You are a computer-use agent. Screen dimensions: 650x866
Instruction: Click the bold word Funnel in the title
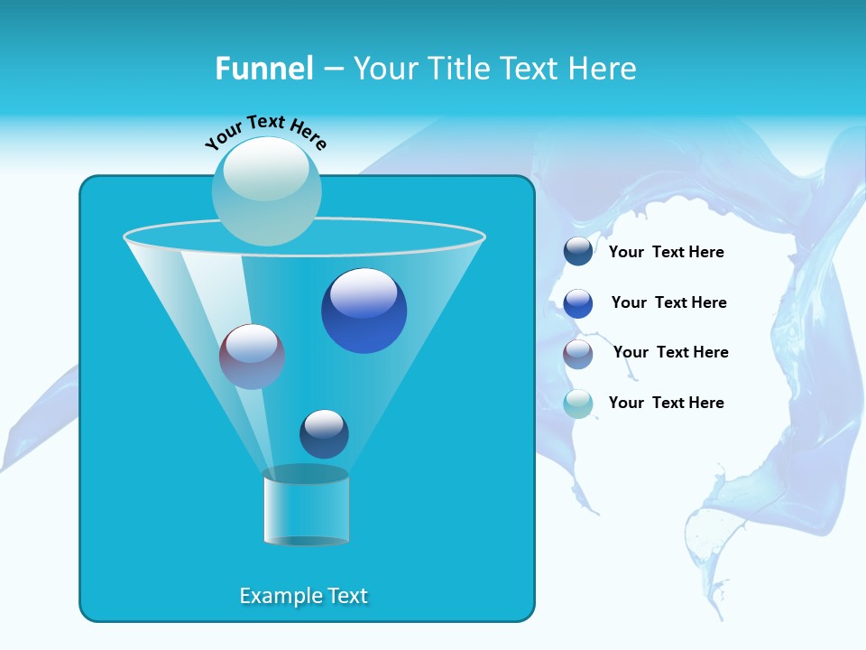pyautogui.click(x=263, y=69)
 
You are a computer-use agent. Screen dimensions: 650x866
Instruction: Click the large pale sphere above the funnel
pyautogui.click(x=266, y=191)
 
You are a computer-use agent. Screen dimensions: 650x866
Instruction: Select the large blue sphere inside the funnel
pyautogui.click(x=364, y=311)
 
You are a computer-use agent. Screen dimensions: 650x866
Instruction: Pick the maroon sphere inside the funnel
pyautogui.click(x=252, y=357)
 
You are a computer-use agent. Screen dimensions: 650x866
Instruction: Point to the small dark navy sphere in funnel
pyautogui.click(x=324, y=433)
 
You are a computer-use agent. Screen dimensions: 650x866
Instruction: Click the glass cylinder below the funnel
pyautogui.click(x=306, y=510)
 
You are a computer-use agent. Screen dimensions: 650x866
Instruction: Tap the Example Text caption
pyautogui.click(x=303, y=596)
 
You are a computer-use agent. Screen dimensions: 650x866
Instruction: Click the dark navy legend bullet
pyautogui.click(x=578, y=251)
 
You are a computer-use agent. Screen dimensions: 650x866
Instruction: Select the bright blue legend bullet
pyautogui.click(x=578, y=303)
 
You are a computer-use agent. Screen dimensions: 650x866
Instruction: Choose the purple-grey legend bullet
pyautogui.click(x=578, y=354)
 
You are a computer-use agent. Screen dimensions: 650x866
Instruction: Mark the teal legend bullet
pyautogui.click(x=578, y=404)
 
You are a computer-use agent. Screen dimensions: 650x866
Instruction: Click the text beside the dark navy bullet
pyautogui.click(x=666, y=253)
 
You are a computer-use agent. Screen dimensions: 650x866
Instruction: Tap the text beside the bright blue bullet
pyautogui.click(x=668, y=303)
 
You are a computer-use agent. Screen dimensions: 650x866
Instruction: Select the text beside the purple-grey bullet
pyautogui.click(x=670, y=353)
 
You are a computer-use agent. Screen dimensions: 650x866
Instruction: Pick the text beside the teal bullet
pyautogui.click(x=666, y=404)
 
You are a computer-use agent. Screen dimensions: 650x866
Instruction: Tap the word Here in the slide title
pyautogui.click(x=603, y=69)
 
